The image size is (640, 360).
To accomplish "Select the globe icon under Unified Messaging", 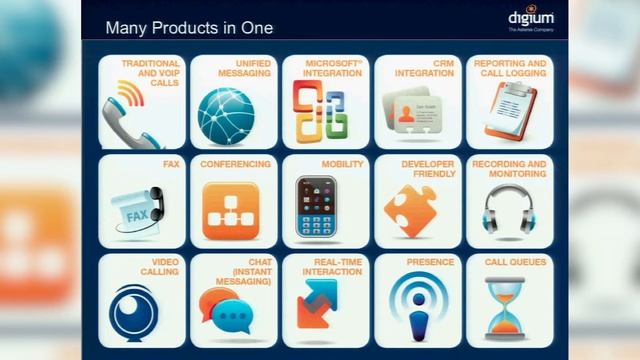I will pyautogui.click(x=225, y=116).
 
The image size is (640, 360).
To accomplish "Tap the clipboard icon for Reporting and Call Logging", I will pyautogui.click(x=505, y=111).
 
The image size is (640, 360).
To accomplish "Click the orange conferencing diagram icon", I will pyautogui.click(x=223, y=210).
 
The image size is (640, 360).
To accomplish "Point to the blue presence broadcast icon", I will pyautogui.click(x=414, y=304).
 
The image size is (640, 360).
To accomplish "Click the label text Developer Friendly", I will pyautogui.click(x=427, y=168).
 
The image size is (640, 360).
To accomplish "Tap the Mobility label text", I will pyautogui.click(x=342, y=164).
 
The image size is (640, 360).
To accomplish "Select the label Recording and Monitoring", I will pyautogui.click(x=509, y=168).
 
